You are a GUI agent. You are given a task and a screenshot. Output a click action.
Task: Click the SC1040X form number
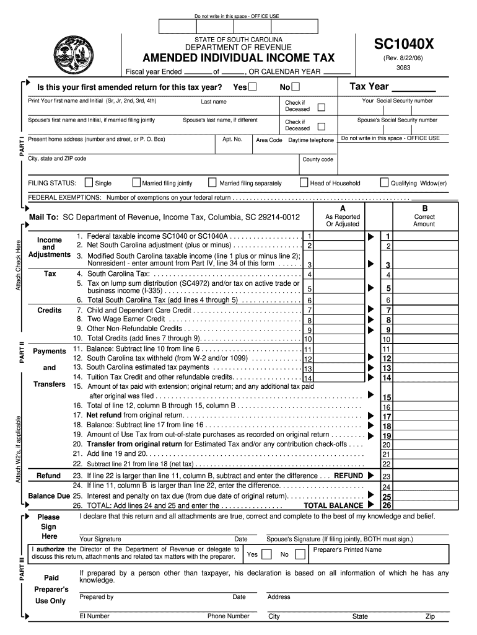(403, 45)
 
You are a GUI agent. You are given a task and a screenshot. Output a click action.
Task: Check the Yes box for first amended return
(253, 86)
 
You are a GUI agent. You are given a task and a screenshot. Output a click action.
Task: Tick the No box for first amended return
(295, 86)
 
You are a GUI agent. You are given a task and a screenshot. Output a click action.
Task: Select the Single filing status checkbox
(89, 183)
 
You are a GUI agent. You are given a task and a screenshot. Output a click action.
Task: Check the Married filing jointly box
(137, 183)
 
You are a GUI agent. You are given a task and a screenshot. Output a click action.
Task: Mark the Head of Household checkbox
(304, 183)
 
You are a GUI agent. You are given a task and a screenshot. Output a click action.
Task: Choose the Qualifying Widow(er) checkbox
(384, 183)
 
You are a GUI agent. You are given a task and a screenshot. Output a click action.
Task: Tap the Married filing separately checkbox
(213, 183)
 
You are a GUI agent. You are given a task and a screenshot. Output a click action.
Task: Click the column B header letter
(424, 208)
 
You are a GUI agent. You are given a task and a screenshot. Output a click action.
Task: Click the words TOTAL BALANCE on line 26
(333, 505)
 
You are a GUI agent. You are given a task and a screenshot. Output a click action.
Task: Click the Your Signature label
(100, 540)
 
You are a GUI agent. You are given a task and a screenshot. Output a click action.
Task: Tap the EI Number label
(94, 616)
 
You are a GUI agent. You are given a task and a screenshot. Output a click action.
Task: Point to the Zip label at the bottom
(430, 617)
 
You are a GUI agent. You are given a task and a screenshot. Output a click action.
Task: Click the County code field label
(318, 159)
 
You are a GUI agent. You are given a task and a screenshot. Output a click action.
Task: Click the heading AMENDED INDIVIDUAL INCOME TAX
(239, 58)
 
